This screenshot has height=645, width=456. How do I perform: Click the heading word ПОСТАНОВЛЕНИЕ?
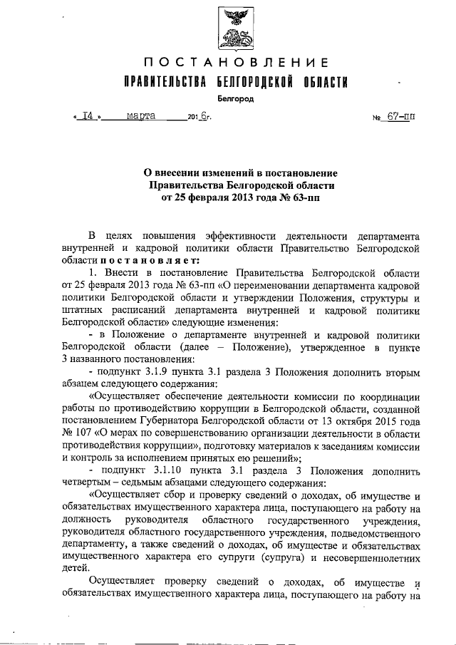pos(235,63)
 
